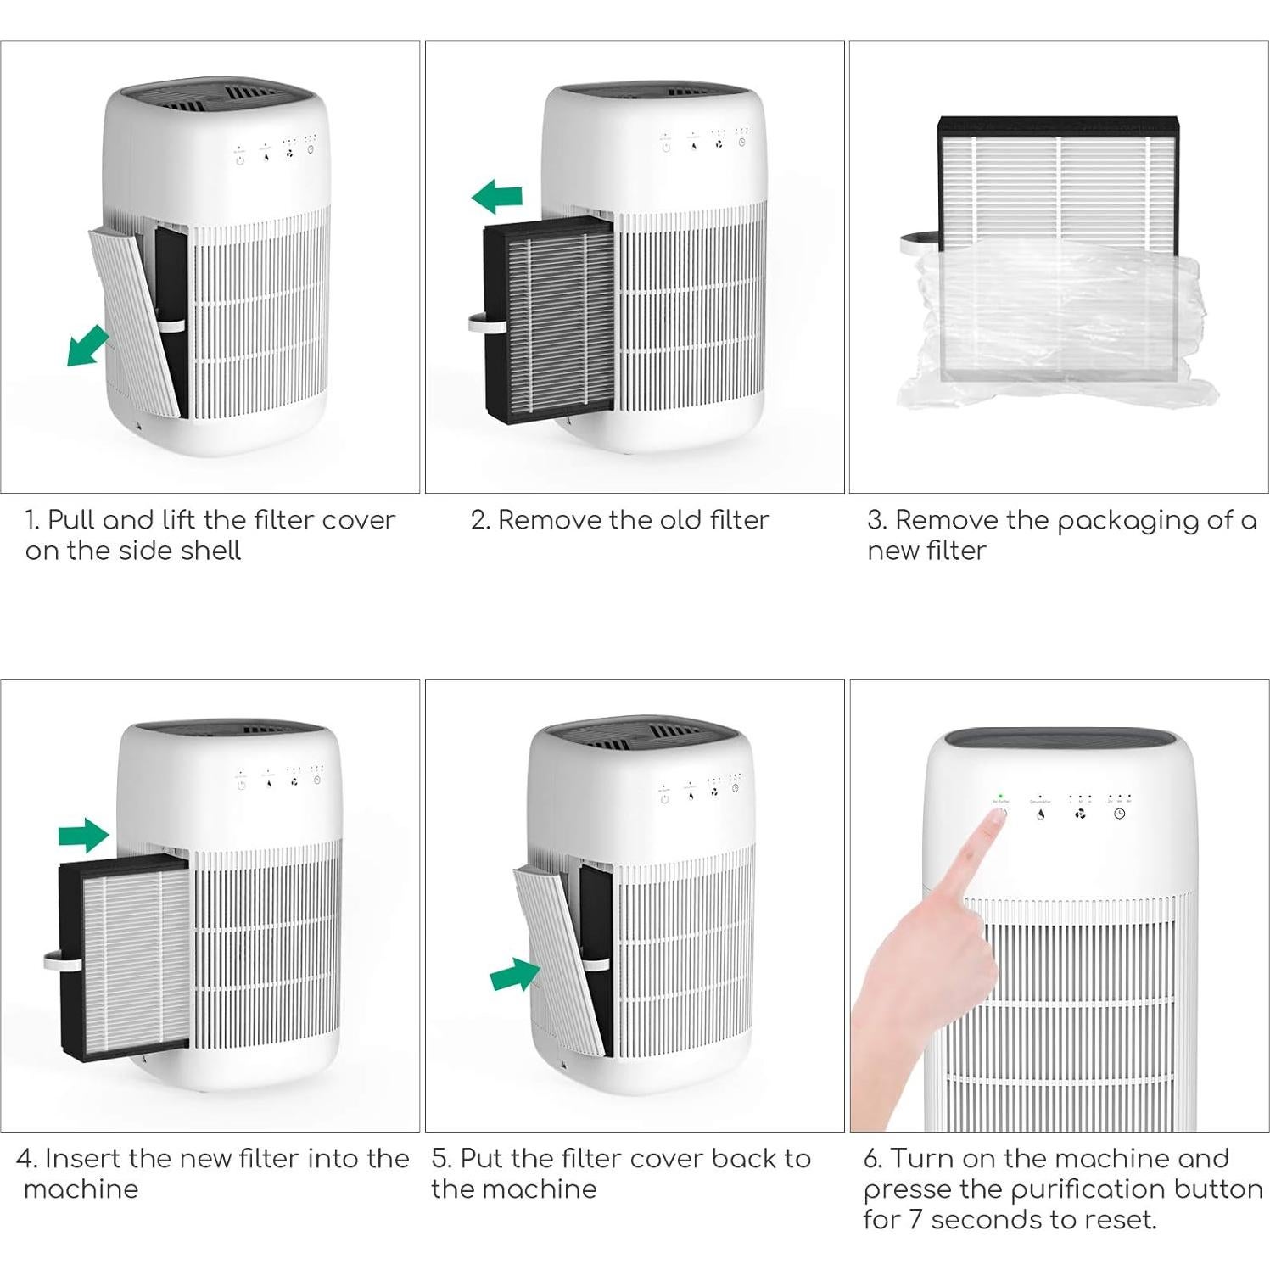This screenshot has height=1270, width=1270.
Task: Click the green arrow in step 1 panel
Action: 87,345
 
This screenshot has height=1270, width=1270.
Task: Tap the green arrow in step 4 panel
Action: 84,836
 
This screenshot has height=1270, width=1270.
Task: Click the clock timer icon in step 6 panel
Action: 1119,814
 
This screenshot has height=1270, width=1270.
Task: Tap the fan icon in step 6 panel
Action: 1080,814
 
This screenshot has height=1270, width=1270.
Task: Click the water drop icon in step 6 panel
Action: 1041,814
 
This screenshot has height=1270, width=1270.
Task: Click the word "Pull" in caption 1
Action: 71,519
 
